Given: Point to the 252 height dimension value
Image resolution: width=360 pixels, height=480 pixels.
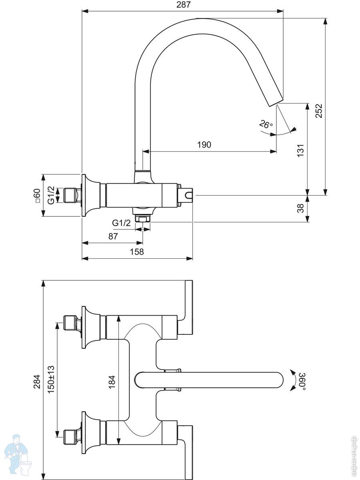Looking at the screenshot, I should tap(319, 110).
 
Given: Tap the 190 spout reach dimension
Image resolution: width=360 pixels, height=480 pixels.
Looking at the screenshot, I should tap(204, 145).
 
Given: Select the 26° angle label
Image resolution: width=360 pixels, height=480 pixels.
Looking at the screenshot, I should tap(266, 124).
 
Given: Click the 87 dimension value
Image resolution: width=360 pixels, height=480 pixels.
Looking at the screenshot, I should tap(113, 236).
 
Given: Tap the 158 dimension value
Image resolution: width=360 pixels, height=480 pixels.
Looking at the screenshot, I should tap(137, 252).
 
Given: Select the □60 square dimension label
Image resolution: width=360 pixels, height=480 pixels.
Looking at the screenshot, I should tap(37, 196).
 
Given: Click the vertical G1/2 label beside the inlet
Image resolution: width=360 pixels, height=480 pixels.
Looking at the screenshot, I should tap(51, 195).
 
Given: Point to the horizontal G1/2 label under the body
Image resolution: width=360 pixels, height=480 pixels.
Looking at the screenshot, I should tap(121, 223).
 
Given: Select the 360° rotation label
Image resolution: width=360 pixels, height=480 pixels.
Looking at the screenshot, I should tap(303, 380).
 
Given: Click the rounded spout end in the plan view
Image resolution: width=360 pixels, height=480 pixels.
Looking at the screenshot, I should tap(278, 380).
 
